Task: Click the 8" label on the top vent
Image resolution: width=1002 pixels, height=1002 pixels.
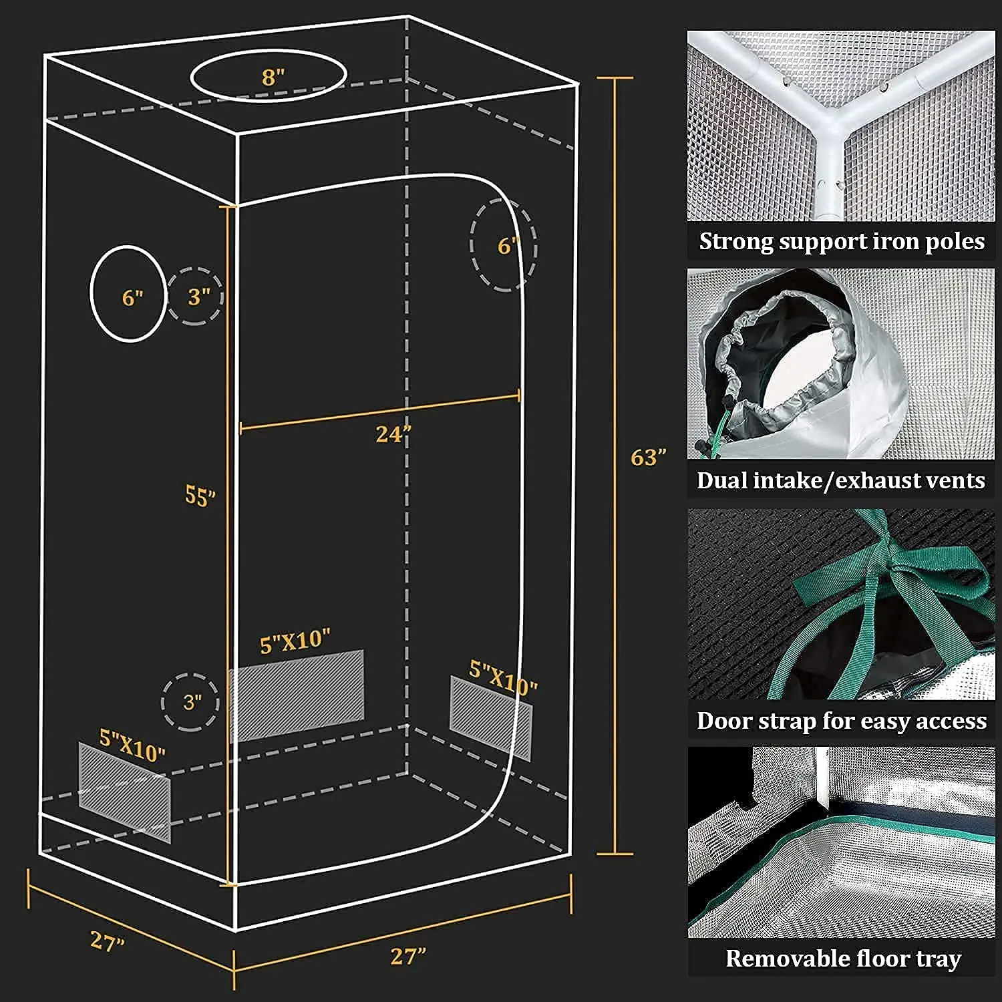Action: [x=273, y=77]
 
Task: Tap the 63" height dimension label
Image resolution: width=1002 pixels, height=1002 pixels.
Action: [x=648, y=458]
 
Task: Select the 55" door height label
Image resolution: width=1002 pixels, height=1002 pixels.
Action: [x=200, y=496]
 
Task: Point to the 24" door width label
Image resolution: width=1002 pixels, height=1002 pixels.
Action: [x=392, y=435]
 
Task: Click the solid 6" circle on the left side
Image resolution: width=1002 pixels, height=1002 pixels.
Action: [x=128, y=294]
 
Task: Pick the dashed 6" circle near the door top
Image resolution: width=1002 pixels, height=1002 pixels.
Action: [x=504, y=246]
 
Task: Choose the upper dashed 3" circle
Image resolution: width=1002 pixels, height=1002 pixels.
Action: [x=195, y=296]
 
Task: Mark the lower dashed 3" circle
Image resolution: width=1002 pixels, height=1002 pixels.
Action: [x=190, y=702]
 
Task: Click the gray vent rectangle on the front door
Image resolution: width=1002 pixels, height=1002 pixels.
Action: [x=297, y=695]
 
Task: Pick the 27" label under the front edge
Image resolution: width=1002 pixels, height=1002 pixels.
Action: [x=407, y=956]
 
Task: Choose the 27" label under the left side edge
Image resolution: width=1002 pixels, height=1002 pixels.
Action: [x=107, y=941]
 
